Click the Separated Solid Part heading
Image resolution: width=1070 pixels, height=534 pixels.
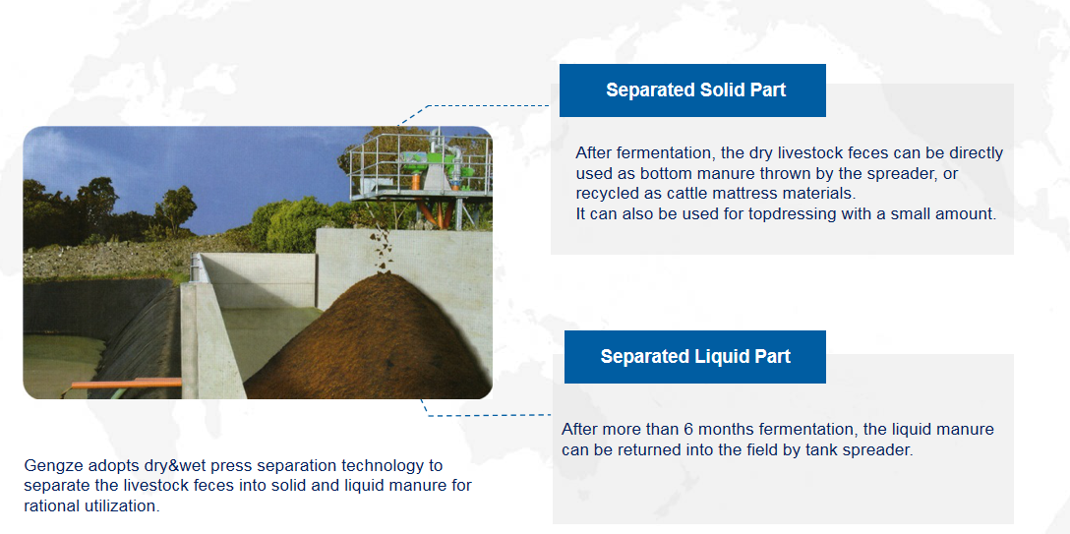(695, 90)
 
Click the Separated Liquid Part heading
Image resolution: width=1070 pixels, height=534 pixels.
(695, 356)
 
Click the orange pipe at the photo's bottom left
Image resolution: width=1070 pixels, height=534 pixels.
(126, 384)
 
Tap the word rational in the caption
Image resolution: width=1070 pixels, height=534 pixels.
(47, 506)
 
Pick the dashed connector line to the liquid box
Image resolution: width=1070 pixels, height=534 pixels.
(486, 413)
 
